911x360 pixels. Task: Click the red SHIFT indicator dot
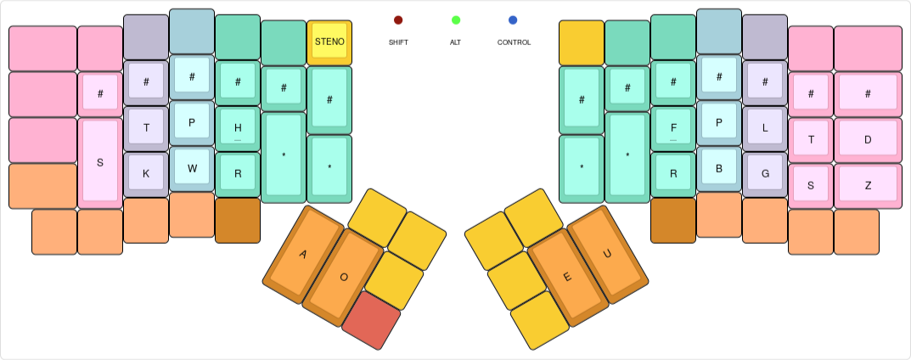tap(398, 20)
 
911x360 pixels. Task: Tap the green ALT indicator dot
tap(456, 20)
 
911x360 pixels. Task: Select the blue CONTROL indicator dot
tap(513, 20)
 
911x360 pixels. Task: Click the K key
tap(146, 173)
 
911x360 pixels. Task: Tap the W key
tap(192, 167)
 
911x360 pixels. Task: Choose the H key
tap(238, 127)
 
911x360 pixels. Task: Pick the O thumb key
tap(343, 277)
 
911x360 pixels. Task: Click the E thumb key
tap(567, 277)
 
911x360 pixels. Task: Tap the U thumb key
tap(607, 254)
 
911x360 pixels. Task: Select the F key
tap(673, 127)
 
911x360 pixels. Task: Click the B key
tap(719, 167)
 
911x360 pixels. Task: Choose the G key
tap(765, 173)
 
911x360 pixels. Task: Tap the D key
tap(868, 139)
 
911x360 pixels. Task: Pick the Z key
tap(868, 185)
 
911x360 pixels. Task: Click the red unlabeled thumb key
tap(371, 319)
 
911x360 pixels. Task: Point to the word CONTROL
tap(514, 42)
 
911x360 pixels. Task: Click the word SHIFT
tap(398, 42)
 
